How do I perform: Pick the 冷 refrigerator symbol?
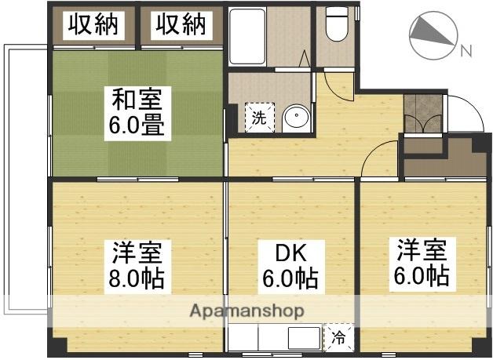coord(338,338)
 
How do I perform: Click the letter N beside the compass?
coord(466,51)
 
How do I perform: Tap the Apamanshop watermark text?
coord(246,311)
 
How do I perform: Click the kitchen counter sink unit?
coord(275,339)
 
